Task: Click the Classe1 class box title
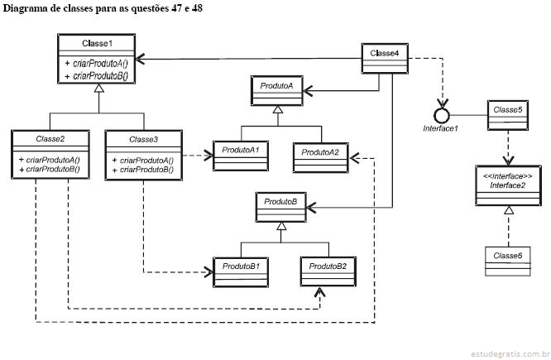coord(97,42)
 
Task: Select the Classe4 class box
coord(385,60)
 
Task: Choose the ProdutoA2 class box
coord(320,157)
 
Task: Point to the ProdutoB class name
coord(280,201)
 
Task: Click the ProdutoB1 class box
coord(241,271)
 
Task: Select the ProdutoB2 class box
coord(328,271)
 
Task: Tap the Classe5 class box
coord(507,116)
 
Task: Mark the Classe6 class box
coord(506,262)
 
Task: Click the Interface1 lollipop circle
coord(443,113)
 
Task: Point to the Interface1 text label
coord(440,129)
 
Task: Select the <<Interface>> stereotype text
coord(506,175)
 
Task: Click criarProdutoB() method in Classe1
coord(100,76)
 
